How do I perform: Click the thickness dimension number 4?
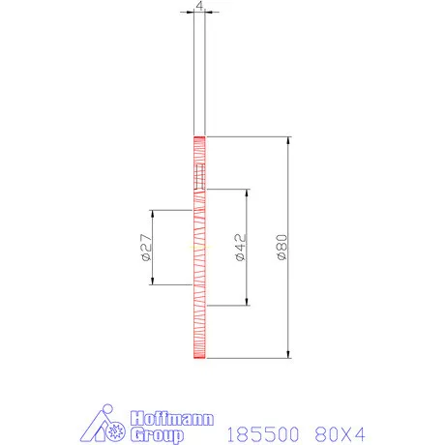[x=199, y=5]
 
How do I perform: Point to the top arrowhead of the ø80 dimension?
[x=289, y=141]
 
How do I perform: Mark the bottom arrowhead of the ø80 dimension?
[x=289, y=353]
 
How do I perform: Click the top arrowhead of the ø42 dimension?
[x=248, y=194]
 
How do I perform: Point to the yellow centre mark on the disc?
[x=199, y=248]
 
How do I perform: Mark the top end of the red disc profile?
[x=199, y=137]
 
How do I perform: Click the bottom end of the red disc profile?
[x=199, y=357]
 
